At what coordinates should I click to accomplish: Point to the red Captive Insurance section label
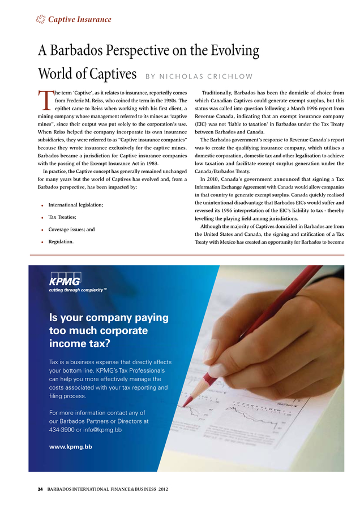point(79,20)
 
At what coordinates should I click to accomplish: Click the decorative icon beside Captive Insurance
point(40,20)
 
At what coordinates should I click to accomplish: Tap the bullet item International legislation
point(76,204)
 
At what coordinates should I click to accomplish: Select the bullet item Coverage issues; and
point(71,230)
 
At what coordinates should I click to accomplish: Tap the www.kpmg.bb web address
point(71,447)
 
